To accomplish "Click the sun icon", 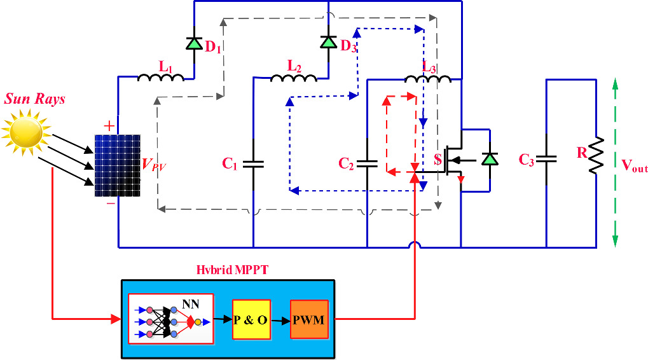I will (25, 131).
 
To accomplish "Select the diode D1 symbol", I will (194, 43).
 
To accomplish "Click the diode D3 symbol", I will (328, 42).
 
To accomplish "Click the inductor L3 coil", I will (428, 78).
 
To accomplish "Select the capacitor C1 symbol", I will (253, 163).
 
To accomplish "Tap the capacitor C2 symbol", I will (368, 163).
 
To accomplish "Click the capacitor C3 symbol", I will (546, 160).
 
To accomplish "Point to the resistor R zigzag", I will (596, 155).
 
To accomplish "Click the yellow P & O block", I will (250, 320).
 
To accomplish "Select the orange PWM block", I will (309, 319).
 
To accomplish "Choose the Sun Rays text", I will (35, 99).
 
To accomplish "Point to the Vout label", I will (634, 167).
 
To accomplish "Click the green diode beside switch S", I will (489, 159).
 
